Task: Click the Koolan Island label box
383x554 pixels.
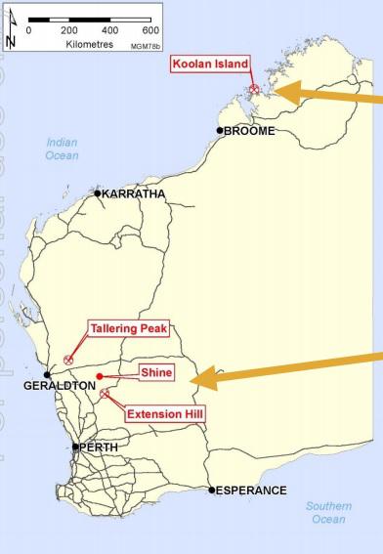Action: (210, 64)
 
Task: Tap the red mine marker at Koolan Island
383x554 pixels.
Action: (253, 89)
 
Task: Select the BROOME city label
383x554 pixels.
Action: (249, 131)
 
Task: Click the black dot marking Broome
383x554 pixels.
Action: (221, 130)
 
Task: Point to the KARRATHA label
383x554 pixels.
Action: (134, 193)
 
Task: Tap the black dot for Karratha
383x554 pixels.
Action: (98, 193)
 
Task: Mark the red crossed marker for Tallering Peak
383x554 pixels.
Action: (68, 360)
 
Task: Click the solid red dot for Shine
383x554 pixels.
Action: (100, 375)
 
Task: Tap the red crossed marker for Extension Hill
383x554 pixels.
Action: (105, 394)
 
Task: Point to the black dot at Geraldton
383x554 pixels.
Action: (47, 374)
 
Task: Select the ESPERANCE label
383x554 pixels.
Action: (251, 490)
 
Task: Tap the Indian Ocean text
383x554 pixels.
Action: (63, 149)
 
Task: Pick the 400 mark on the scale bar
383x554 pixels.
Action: (110, 30)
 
